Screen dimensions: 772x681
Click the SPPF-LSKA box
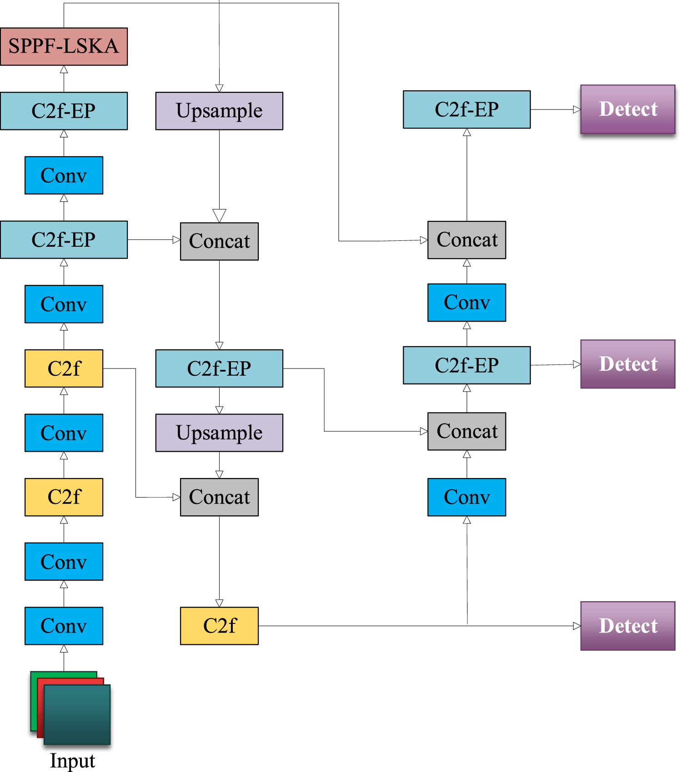click(x=64, y=46)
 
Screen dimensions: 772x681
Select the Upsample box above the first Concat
click(x=219, y=111)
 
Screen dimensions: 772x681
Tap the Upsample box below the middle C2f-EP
click(x=219, y=433)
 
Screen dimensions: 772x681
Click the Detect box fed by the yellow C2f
click(x=627, y=626)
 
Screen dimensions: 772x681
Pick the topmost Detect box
click(x=627, y=109)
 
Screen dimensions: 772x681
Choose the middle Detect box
click(x=627, y=364)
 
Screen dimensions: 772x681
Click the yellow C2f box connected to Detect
click(x=219, y=626)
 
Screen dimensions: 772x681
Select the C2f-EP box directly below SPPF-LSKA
click(x=64, y=111)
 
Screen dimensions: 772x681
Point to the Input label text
click(x=72, y=761)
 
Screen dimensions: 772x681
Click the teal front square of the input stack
click(x=77, y=714)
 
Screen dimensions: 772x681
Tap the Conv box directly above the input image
click(x=64, y=626)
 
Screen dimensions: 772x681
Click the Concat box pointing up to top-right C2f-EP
click(x=466, y=240)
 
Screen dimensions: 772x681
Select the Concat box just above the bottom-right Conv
click(x=466, y=431)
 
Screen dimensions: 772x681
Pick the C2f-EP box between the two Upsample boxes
click(x=219, y=369)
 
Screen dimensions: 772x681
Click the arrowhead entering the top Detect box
click(x=576, y=110)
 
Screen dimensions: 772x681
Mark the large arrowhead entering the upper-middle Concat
click(x=219, y=215)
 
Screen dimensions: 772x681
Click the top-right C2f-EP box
click(x=466, y=110)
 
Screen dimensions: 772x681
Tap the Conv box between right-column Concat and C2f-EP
click(x=466, y=303)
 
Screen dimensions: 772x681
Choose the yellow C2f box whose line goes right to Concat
click(x=64, y=369)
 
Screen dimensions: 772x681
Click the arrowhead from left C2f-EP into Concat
click(x=176, y=240)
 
